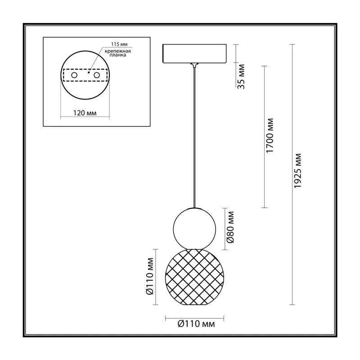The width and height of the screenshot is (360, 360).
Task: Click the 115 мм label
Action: pyautogui.click(x=119, y=44)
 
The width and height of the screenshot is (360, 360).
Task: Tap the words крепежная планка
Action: pyautogui.click(x=118, y=53)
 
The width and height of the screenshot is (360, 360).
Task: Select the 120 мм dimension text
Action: pyautogui.click(x=85, y=113)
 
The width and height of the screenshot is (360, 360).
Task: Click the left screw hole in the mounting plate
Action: pyautogui.click(x=74, y=75)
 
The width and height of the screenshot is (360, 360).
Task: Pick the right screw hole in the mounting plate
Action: pyautogui.click(x=97, y=75)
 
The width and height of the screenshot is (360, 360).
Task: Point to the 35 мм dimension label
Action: pyautogui.click(x=241, y=76)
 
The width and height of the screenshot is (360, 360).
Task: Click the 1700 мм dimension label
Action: pyautogui.click(x=270, y=135)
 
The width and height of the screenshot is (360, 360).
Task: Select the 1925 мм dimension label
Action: pyautogui.click(x=297, y=171)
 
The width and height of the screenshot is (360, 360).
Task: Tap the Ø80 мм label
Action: pyautogui.click(x=230, y=227)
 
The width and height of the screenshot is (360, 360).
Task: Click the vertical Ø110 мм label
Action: pyautogui.click(x=149, y=276)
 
